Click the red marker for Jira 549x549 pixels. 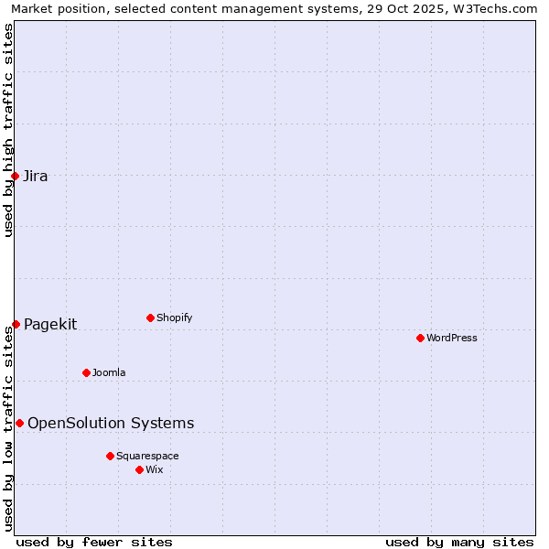click(x=16, y=176)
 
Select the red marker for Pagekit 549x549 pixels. click(x=16, y=324)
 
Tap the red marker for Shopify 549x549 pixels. click(x=150, y=318)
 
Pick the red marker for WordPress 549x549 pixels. click(x=420, y=338)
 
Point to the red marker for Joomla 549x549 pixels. click(x=86, y=372)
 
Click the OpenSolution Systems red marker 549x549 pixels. click(x=19, y=423)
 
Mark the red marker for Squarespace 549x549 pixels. click(x=110, y=456)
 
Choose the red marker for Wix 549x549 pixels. click(x=139, y=469)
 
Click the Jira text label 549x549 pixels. click(x=36, y=177)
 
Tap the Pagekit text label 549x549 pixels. click(x=50, y=325)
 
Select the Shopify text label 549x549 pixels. click(x=174, y=318)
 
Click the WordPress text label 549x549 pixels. click(x=452, y=339)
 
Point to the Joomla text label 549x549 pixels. click(x=109, y=373)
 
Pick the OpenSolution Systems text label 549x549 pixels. click(x=111, y=424)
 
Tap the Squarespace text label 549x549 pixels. click(x=147, y=457)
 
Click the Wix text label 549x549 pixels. click(x=155, y=470)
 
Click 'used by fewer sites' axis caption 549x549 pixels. click(x=94, y=542)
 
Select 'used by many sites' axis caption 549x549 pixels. click(x=459, y=542)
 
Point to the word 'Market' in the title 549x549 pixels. click(x=32, y=9)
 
